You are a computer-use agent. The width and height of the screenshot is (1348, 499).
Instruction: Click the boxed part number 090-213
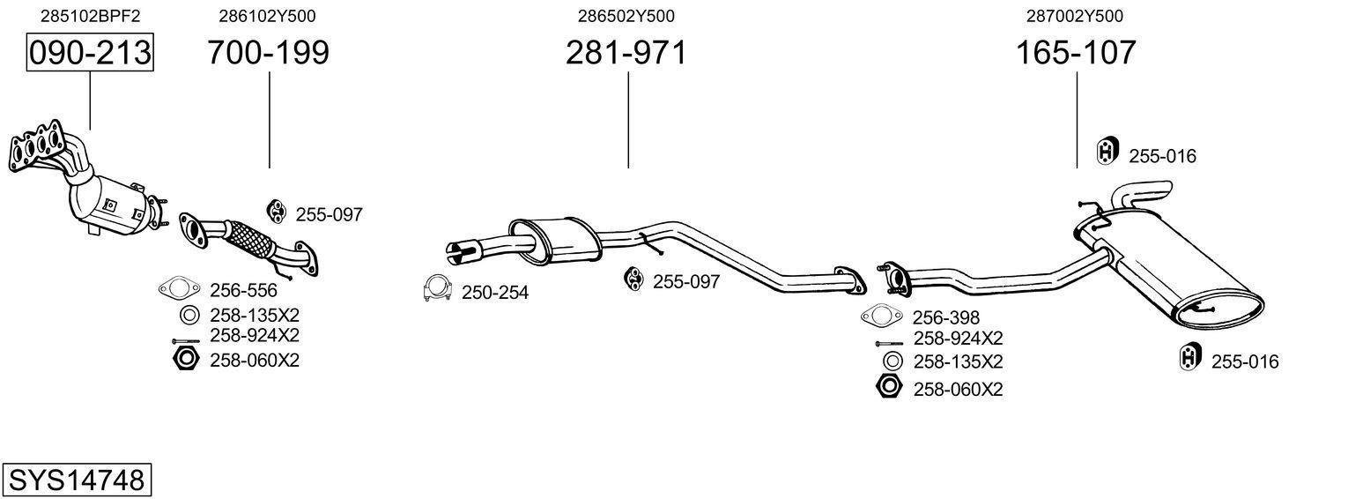[90, 53]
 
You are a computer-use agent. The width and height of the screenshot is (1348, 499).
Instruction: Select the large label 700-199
[268, 53]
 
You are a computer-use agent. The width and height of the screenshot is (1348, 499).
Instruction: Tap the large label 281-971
[626, 53]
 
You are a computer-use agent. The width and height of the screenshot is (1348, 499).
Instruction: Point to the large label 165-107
[1076, 53]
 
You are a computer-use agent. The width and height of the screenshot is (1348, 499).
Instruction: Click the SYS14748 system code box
[77, 480]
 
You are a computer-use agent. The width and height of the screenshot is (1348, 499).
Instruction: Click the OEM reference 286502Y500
[626, 16]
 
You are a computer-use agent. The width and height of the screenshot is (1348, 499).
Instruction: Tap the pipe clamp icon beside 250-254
[437, 289]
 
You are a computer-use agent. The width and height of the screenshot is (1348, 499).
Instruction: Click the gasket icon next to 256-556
[178, 288]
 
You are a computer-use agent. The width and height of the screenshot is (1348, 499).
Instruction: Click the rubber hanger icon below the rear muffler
[1189, 358]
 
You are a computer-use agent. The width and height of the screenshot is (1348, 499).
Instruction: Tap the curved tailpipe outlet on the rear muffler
[1144, 192]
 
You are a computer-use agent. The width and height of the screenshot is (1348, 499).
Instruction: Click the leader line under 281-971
[628, 119]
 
